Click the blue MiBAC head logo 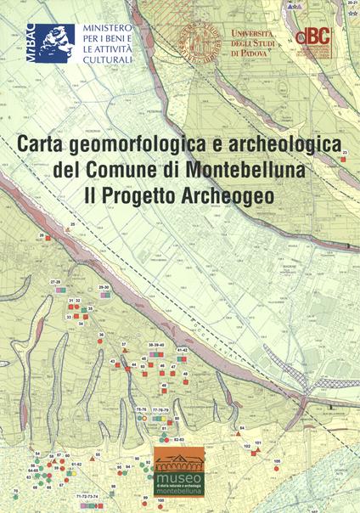[52, 42]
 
